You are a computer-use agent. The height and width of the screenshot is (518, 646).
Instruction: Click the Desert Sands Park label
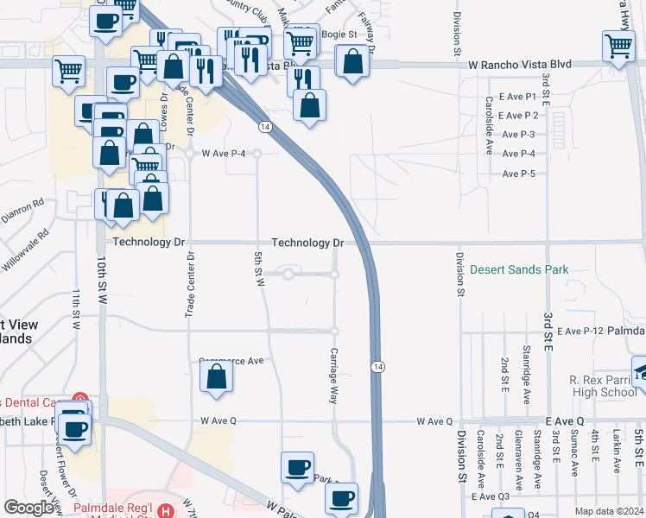click(x=519, y=269)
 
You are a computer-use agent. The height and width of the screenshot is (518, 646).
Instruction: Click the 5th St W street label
click(x=258, y=270)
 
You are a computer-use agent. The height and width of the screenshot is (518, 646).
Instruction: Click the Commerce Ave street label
click(x=231, y=361)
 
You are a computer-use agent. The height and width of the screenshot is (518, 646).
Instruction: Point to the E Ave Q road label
click(x=564, y=420)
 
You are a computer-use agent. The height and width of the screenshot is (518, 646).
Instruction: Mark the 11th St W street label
click(x=76, y=309)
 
